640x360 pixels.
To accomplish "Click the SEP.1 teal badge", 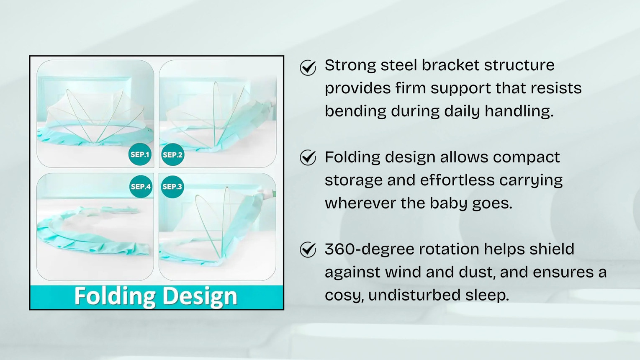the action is click(x=140, y=154).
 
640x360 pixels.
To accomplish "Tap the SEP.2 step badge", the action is click(x=172, y=154).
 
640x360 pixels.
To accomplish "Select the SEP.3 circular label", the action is click(x=172, y=187).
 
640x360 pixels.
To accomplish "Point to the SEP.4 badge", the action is click(x=141, y=187).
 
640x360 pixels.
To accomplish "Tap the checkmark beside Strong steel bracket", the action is click(x=308, y=68).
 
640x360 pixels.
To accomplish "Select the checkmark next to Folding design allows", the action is click(x=308, y=158).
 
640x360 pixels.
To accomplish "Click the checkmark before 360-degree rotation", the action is click(x=308, y=250).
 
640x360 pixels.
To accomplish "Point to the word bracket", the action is click(x=450, y=65).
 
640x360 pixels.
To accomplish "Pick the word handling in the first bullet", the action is click(x=519, y=111).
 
